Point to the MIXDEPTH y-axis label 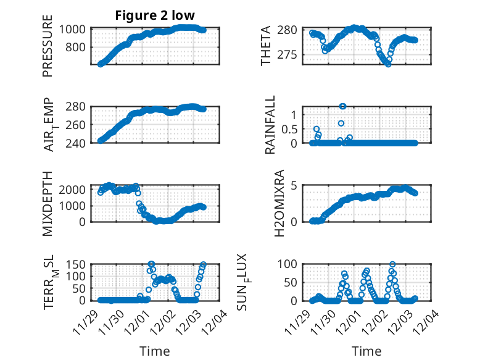coord(48,203)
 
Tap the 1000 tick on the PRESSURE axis coord(75,29)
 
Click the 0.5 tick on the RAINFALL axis coord(289,129)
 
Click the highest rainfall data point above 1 coord(343,106)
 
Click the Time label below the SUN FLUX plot coord(366,351)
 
